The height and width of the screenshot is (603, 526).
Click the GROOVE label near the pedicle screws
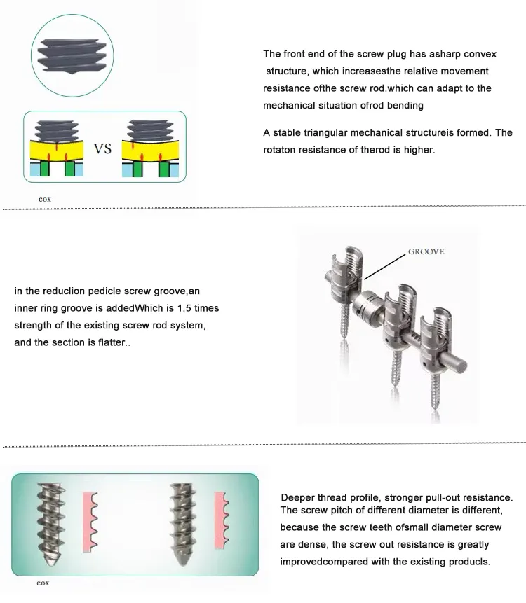426,251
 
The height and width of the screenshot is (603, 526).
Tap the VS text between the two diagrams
102,149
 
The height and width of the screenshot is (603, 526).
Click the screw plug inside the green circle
69,55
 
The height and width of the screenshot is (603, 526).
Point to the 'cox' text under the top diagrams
44,199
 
